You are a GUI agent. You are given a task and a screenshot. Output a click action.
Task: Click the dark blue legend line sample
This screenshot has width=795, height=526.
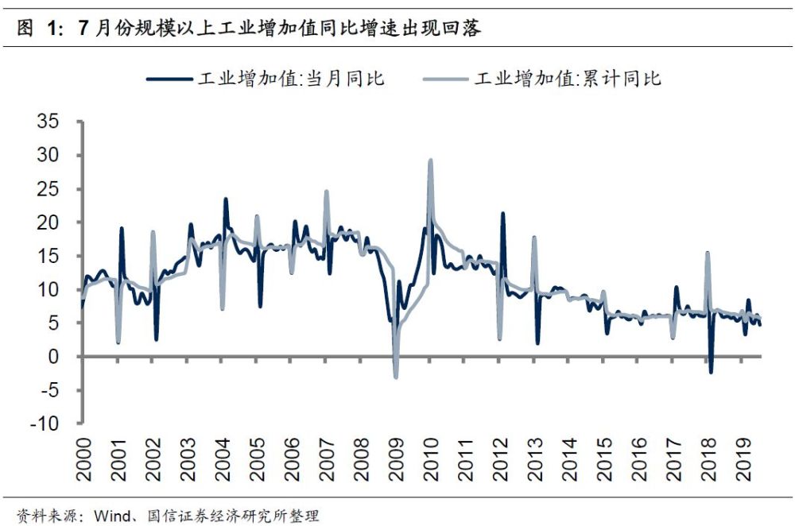pos(169,79)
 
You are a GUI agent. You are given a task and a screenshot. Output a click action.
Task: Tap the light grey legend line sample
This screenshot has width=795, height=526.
pos(446,79)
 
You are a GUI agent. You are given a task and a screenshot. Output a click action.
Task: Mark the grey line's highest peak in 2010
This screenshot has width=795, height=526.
pos(430,160)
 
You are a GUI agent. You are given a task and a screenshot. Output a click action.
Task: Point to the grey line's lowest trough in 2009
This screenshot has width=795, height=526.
pos(396,377)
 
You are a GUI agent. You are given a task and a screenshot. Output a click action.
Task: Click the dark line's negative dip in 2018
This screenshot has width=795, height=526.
pos(711,372)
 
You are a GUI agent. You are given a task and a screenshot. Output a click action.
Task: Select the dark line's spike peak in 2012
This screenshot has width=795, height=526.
pos(502,213)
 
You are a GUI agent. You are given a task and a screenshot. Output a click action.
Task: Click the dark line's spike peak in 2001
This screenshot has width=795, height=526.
pos(122,228)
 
